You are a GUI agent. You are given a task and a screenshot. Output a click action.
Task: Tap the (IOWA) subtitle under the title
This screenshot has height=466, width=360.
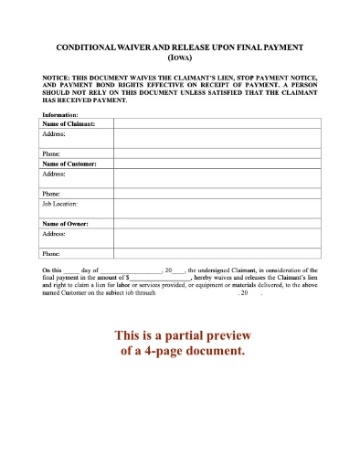click(x=180, y=55)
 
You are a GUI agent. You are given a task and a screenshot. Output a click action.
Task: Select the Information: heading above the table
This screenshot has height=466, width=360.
click(x=60, y=115)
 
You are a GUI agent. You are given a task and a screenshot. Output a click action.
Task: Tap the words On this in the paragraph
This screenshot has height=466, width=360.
click(x=54, y=271)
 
